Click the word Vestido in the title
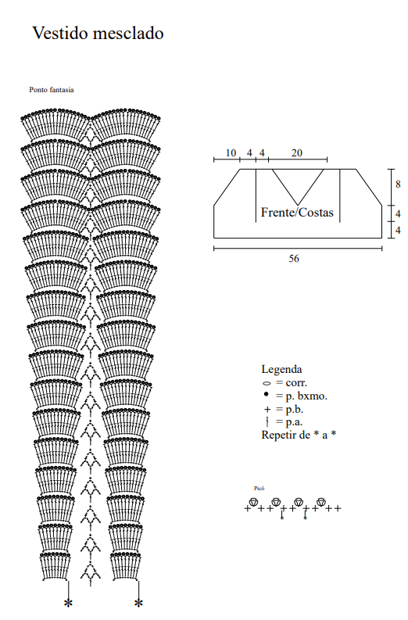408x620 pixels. pyautogui.click(x=59, y=33)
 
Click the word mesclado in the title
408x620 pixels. pyautogui.click(x=128, y=33)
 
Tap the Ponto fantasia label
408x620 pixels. pyautogui.click(x=52, y=90)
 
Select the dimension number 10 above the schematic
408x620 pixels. pyautogui.click(x=231, y=152)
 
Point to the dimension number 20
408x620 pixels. pyautogui.click(x=297, y=152)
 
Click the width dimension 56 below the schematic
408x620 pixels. pyautogui.click(x=294, y=258)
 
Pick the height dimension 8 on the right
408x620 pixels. pyautogui.click(x=398, y=185)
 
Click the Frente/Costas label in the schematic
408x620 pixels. pyautogui.click(x=297, y=213)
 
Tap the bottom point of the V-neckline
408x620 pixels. pyautogui.click(x=298, y=205)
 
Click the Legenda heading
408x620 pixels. pyautogui.click(x=281, y=369)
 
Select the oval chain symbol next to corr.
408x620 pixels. pyautogui.click(x=267, y=383)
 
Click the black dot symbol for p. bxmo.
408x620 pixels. pyautogui.click(x=266, y=394)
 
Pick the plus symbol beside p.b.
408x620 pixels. pyautogui.click(x=267, y=410)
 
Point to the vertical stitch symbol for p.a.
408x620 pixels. pyautogui.click(x=267, y=422)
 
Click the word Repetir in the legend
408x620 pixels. pyautogui.click(x=281, y=435)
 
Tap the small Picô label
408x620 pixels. pyautogui.click(x=259, y=489)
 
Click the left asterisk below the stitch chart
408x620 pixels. pyautogui.click(x=69, y=603)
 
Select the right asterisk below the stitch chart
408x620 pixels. pyautogui.click(x=138, y=603)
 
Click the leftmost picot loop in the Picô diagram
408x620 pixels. pyautogui.click(x=253, y=502)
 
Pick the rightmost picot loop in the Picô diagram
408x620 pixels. pyautogui.click(x=321, y=502)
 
